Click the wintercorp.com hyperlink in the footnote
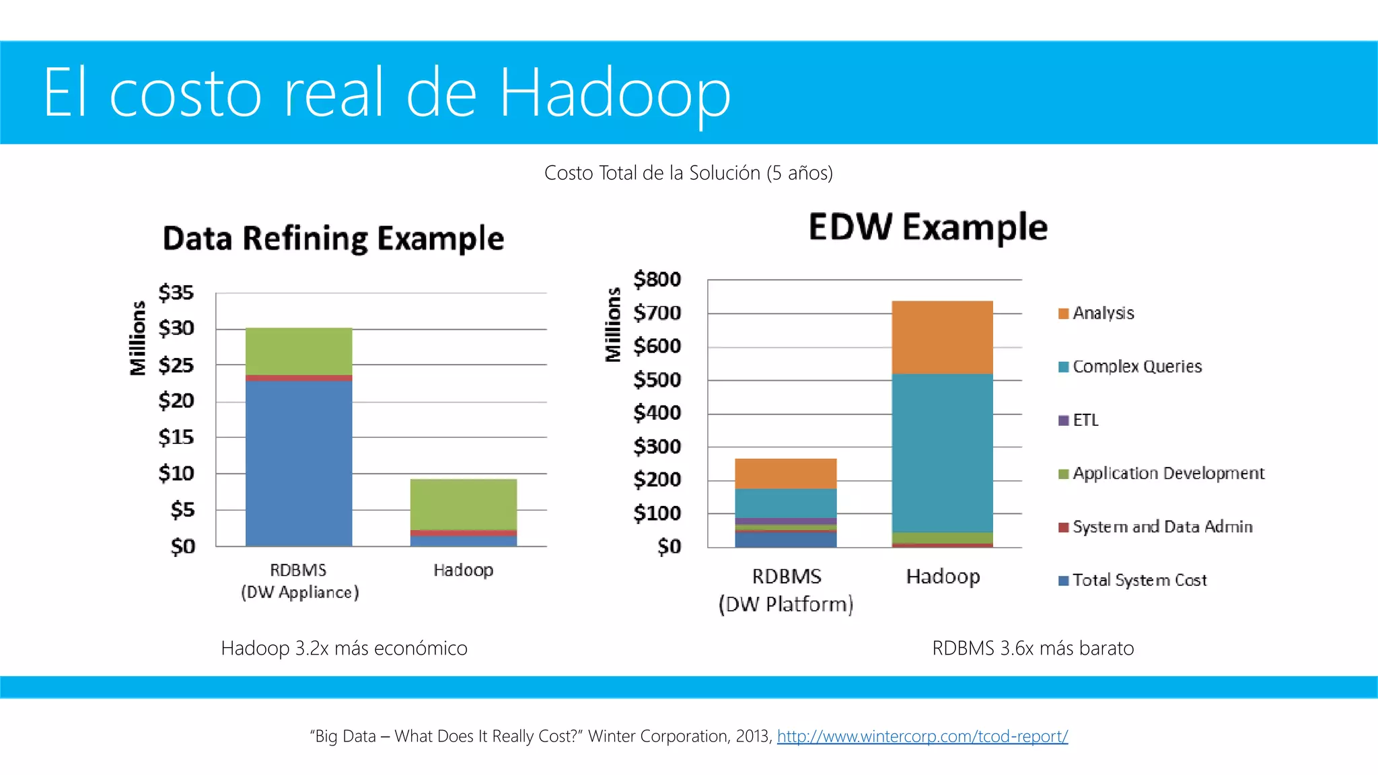[x=922, y=736]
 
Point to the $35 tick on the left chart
[x=176, y=293]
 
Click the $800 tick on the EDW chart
[x=657, y=279]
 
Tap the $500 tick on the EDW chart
[x=657, y=380]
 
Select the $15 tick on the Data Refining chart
[x=176, y=437]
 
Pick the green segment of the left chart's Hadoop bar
[x=464, y=504]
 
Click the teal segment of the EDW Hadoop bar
[x=942, y=452]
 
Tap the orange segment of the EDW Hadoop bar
[x=942, y=337]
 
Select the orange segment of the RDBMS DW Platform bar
[x=786, y=474]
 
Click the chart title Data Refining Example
[x=333, y=239]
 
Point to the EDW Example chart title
[x=928, y=227]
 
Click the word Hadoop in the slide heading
[x=614, y=93]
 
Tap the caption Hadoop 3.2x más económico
[x=344, y=649]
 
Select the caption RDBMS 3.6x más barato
[x=1033, y=649]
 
